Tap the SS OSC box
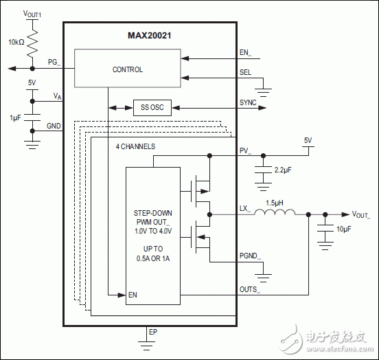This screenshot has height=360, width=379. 152,108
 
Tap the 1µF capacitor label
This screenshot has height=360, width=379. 15,118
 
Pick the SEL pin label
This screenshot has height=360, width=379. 245,72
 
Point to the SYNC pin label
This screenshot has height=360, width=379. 248,102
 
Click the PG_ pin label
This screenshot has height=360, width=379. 54,63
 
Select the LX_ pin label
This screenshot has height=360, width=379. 244,208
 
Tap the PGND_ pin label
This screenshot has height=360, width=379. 250,256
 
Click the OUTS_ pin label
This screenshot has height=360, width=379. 249,289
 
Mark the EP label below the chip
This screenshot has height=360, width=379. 153,332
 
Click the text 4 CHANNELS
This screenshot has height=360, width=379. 135,146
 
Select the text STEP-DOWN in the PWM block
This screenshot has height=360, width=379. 152,214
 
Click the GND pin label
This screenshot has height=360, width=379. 53,126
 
